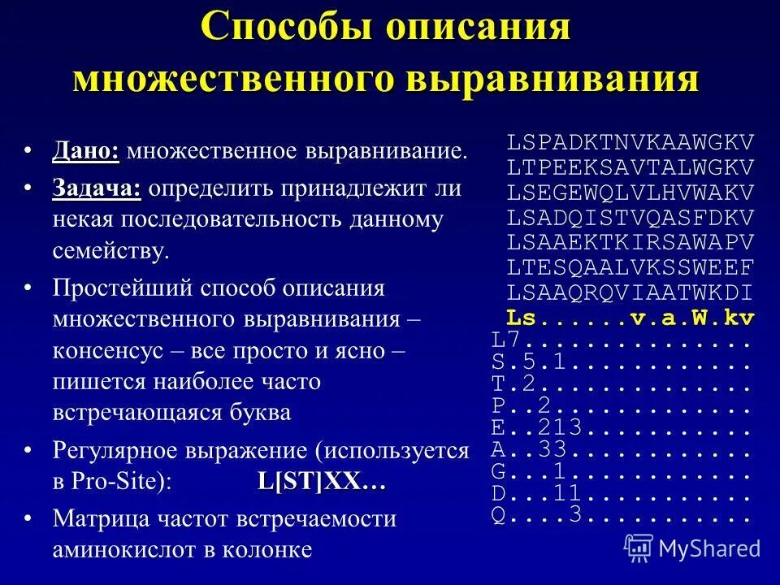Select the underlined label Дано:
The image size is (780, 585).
pyautogui.click(x=85, y=151)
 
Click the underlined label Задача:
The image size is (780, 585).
pyautogui.click(x=97, y=189)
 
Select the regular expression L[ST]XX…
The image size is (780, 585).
pyautogui.click(x=321, y=481)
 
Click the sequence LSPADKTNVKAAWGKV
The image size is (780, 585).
pyautogui.click(x=630, y=142)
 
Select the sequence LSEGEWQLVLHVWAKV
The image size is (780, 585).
pyautogui.click(x=630, y=193)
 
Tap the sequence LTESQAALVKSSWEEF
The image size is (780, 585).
pyautogui.click(x=630, y=267)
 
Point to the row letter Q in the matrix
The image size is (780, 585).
pyautogui.click(x=498, y=514)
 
